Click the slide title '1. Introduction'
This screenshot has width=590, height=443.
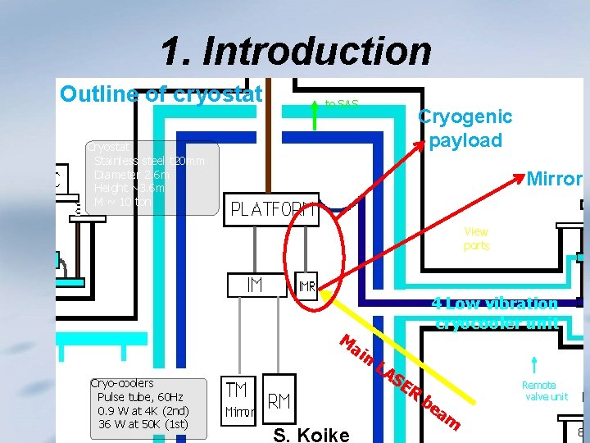pyautogui.click(x=296, y=51)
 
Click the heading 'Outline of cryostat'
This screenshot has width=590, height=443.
pyautogui.click(x=161, y=94)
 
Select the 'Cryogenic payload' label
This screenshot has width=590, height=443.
pyautogui.click(x=465, y=128)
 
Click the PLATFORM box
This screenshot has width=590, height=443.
pyautogui.click(x=274, y=209)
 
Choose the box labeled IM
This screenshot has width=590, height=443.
pyautogui.click(x=255, y=285)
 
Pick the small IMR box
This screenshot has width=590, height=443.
pyautogui.click(x=306, y=287)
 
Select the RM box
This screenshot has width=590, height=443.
pyautogui.click(x=279, y=401)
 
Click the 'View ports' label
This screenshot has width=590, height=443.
pyautogui.click(x=476, y=239)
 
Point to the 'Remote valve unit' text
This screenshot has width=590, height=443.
pyautogui.click(x=544, y=390)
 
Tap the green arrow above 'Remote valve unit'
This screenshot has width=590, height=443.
pyautogui.click(x=534, y=363)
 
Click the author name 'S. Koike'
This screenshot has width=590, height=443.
pyautogui.click(x=311, y=434)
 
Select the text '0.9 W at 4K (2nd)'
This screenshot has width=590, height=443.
pyautogui.click(x=143, y=410)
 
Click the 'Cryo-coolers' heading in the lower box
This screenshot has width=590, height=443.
pyautogui.click(x=122, y=383)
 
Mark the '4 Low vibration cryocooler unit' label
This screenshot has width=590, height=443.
pyautogui.click(x=496, y=313)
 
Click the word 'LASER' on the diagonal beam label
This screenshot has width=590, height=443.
pyautogui.click(x=398, y=381)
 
